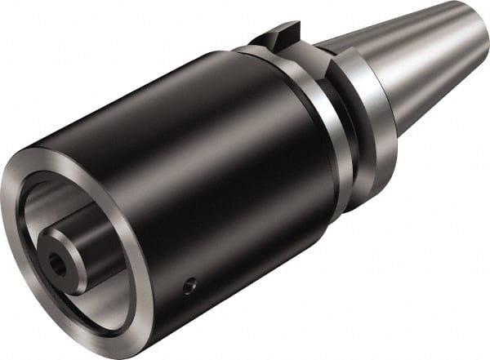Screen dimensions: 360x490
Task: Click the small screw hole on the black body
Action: pos(189,287)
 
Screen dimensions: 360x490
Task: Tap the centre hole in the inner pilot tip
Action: pos(57,263)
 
